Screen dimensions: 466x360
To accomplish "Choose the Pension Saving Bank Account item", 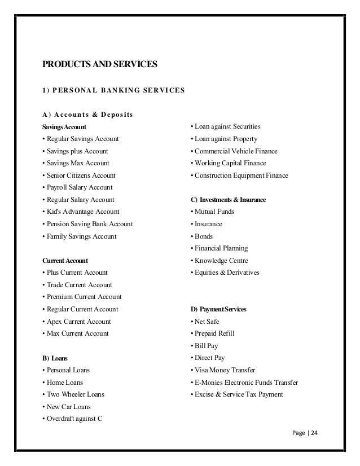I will coord(87,224).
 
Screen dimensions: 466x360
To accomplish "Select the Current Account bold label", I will coord(64,261).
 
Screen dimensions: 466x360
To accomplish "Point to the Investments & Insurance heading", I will coord(229,200).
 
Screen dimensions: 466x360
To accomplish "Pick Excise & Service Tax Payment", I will coord(237,394).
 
